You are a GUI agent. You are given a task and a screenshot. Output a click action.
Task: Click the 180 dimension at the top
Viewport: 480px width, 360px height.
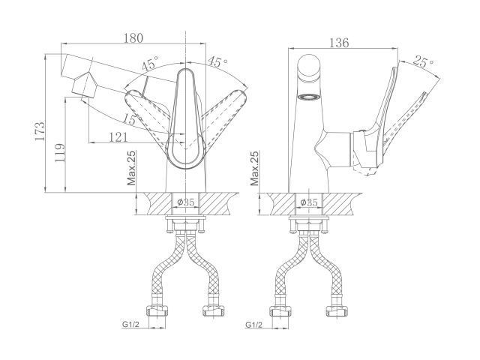(x=133, y=38)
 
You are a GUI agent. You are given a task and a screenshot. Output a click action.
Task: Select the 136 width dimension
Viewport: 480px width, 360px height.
(x=339, y=43)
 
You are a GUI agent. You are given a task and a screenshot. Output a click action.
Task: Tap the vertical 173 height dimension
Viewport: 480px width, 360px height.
(x=40, y=131)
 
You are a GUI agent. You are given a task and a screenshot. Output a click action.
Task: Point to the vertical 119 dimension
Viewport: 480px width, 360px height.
(x=59, y=152)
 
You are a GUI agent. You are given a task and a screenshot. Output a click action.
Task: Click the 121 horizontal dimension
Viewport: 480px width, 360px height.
(x=118, y=136)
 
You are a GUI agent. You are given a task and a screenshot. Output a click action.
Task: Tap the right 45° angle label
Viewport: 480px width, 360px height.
(x=218, y=61)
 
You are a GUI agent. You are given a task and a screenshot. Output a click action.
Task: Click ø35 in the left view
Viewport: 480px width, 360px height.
(x=186, y=202)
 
